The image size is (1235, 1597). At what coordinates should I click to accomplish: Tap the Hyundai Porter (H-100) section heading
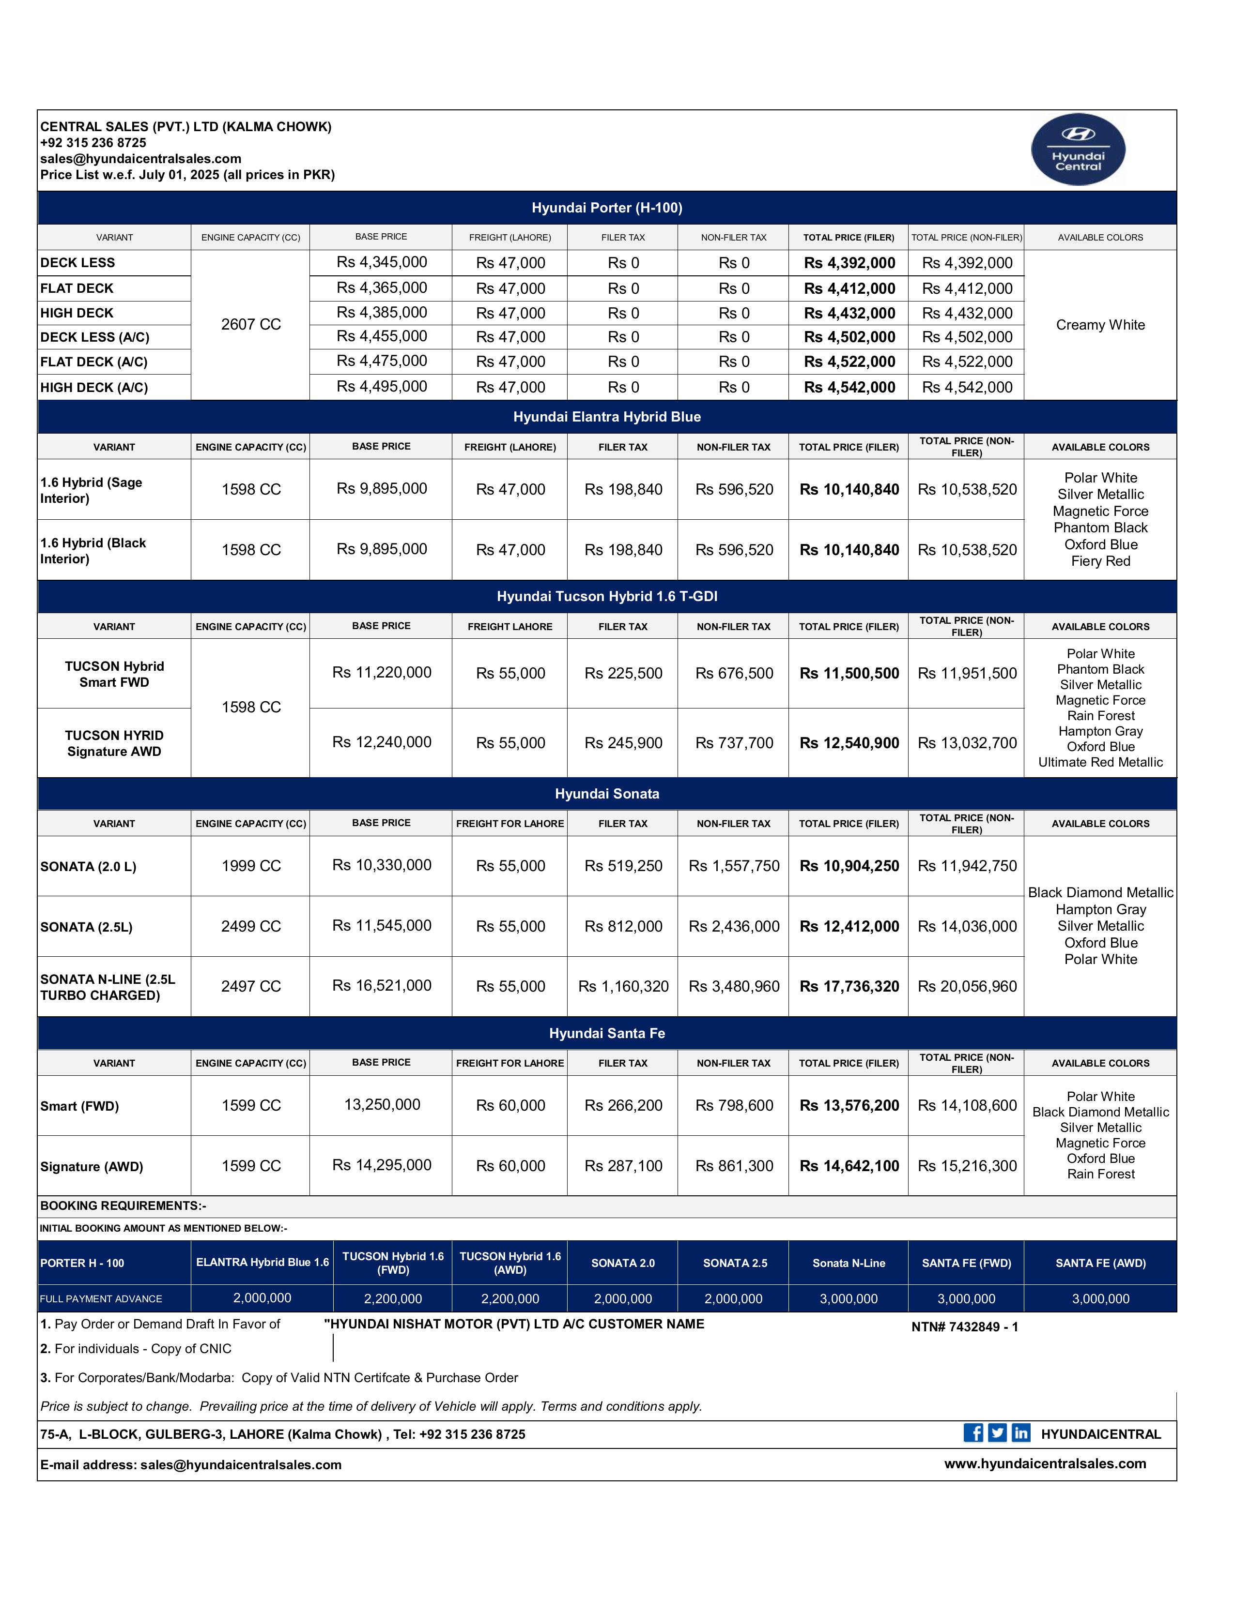[x=606, y=208]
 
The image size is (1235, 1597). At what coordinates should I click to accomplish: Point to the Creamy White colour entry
[x=1100, y=325]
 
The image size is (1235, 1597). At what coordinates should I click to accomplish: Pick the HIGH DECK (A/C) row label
[x=94, y=388]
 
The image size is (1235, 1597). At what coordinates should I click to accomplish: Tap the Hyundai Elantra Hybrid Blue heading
[x=606, y=417]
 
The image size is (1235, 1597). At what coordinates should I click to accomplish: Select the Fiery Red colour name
[x=1100, y=561]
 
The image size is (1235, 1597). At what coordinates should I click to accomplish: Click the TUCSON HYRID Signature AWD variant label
[x=114, y=743]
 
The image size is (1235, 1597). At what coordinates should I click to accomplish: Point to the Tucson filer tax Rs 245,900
[x=623, y=743]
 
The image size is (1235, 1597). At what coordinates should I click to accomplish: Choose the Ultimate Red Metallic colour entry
[x=1100, y=762]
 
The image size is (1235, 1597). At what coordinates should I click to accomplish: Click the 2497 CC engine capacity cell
[x=251, y=986]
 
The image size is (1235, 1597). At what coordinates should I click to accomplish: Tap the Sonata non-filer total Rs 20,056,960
[x=967, y=986]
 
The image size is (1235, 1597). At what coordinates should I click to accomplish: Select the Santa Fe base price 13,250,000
[x=382, y=1105]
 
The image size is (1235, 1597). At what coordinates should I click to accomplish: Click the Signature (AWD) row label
[x=92, y=1166]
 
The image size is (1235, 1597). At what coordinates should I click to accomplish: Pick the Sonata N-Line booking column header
[x=849, y=1263]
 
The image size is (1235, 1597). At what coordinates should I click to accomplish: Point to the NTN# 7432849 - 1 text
[x=964, y=1327]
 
